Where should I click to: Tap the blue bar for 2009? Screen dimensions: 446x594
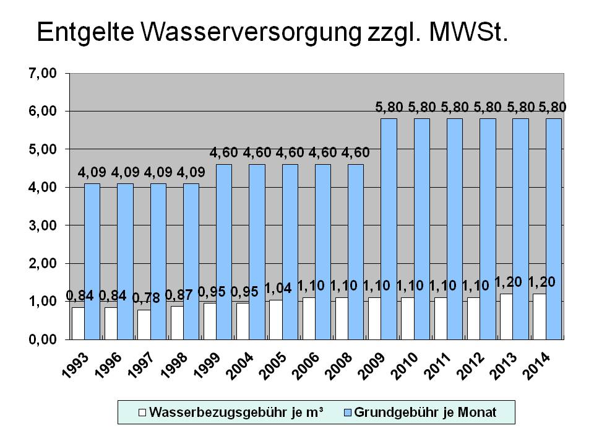[x=389, y=229]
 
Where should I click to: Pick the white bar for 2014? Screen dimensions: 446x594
[x=539, y=316]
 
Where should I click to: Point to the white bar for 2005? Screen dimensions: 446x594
[x=275, y=319]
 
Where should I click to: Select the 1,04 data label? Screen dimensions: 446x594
[x=277, y=288]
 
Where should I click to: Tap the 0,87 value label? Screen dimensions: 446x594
[x=179, y=294]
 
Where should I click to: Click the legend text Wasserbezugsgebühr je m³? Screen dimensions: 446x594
[x=237, y=411]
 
